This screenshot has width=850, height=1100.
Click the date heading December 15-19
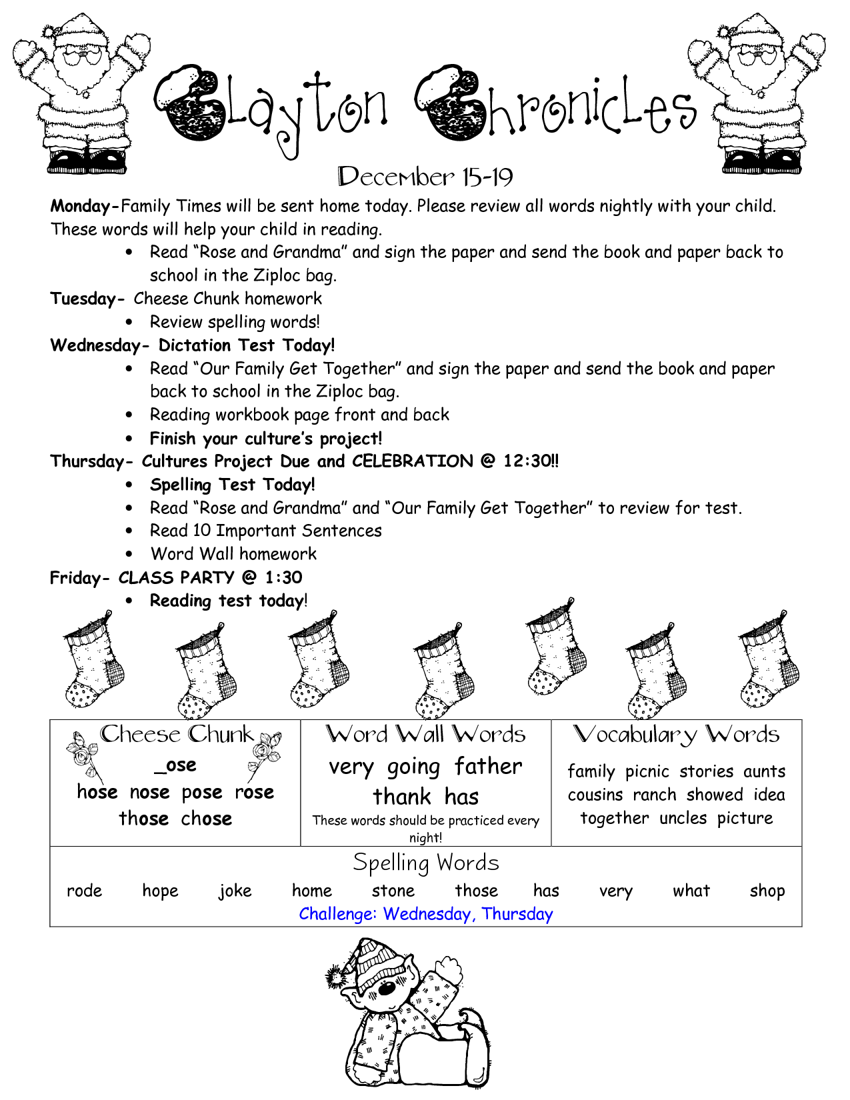pyautogui.click(x=425, y=177)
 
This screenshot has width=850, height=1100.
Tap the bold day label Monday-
pyautogui.click(x=85, y=206)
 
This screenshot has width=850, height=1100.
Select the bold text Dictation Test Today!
pyautogui.click(x=247, y=345)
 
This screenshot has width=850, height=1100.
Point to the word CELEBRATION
pyautogui.click(x=412, y=461)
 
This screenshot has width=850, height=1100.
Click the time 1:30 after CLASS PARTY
pyautogui.click(x=283, y=577)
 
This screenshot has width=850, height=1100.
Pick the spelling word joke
pyautogui.click(x=235, y=891)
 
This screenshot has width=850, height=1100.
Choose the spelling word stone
pyautogui.click(x=393, y=891)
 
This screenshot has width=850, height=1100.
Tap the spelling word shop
pyautogui.click(x=767, y=891)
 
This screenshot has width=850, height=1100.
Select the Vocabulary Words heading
pyautogui.click(x=676, y=735)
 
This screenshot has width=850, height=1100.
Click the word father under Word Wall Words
pyautogui.click(x=488, y=767)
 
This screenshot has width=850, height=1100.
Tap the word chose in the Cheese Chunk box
pyautogui.click(x=207, y=819)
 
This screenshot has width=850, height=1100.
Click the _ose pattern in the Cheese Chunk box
pyautogui.click(x=175, y=765)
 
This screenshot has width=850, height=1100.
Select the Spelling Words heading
pyautogui.click(x=425, y=863)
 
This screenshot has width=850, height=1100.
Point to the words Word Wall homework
pyautogui.click(x=233, y=554)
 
